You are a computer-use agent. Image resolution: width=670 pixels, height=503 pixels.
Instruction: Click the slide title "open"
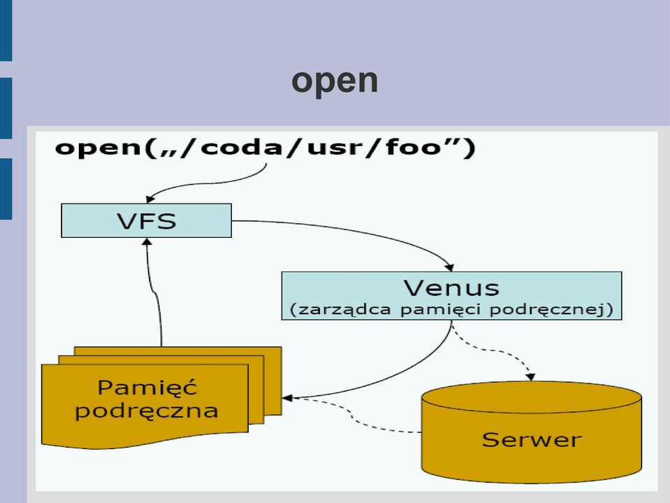pyautogui.click(x=335, y=81)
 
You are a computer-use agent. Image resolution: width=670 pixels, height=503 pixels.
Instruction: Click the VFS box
pyautogui.click(x=147, y=220)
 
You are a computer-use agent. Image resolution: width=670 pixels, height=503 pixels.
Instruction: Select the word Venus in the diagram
pyautogui.click(x=451, y=288)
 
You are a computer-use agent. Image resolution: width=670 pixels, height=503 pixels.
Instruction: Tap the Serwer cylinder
pyautogui.click(x=532, y=432)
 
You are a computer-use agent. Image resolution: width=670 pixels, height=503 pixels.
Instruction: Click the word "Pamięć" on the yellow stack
pyautogui.click(x=147, y=387)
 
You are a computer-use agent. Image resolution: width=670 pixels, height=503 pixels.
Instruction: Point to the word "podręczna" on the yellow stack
pyautogui.click(x=147, y=411)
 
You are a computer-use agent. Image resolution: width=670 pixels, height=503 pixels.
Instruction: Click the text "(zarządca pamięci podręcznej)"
pyautogui.click(x=451, y=309)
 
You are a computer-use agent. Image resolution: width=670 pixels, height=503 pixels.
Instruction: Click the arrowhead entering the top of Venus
pyautogui.click(x=449, y=267)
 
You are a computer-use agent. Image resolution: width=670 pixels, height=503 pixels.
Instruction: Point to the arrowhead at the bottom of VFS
pyautogui.click(x=147, y=241)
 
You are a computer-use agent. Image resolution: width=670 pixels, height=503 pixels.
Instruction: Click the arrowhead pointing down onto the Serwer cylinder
pyautogui.click(x=530, y=376)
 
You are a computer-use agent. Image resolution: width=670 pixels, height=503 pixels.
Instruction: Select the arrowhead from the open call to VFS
pyautogui.click(x=150, y=199)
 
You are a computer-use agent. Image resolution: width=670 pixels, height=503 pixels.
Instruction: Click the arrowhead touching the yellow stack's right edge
pyautogui.click(x=286, y=398)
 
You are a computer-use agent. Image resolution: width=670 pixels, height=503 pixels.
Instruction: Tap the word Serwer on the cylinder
pyautogui.click(x=532, y=440)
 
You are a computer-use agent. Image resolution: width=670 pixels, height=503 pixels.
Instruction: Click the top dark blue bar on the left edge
pyautogui.click(x=6, y=30)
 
